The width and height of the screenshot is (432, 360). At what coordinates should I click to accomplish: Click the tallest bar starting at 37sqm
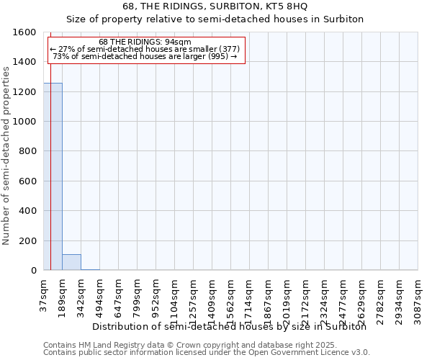tap(53, 176)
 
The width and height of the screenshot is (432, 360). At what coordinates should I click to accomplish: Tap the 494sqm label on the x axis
tap(99, 295)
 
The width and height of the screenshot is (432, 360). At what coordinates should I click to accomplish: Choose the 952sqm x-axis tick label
tap(156, 295)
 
